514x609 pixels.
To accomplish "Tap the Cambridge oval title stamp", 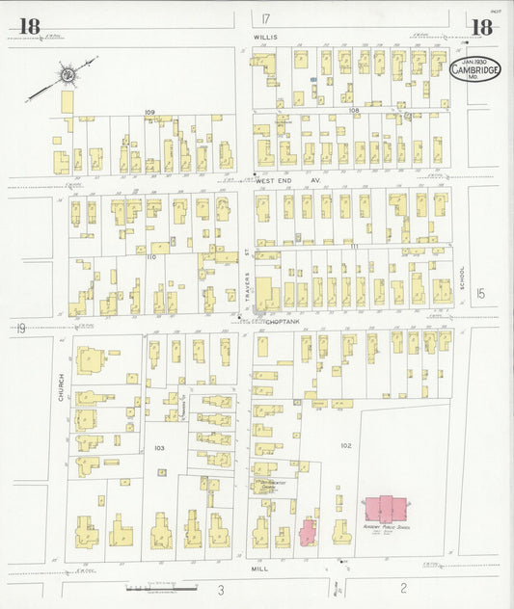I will pyautogui.click(x=475, y=68).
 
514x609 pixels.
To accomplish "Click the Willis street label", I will pyautogui.click(x=265, y=37).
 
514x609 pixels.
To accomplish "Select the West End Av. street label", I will pyautogui.click(x=299, y=178).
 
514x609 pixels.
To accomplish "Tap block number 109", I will pyautogui.click(x=149, y=113).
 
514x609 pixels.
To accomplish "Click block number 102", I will pyautogui.click(x=346, y=445).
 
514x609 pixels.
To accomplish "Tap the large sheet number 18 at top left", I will pyautogui.click(x=29, y=27).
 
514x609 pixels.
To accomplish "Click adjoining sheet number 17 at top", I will pyautogui.click(x=265, y=18).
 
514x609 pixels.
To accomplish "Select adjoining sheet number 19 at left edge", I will pyautogui.click(x=20, y=329).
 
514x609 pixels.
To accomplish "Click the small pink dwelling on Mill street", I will pyautogui.click(x=309, y=532).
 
